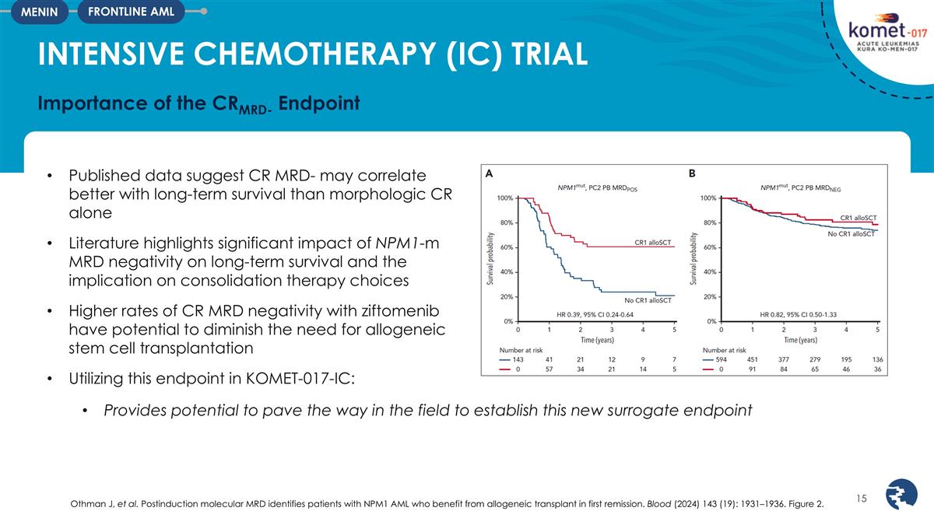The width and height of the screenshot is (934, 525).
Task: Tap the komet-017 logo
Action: (x=872, y=35)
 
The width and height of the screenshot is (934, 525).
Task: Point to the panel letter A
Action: (x=487, y=174)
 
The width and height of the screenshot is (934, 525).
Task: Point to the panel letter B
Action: (x=693, y=174)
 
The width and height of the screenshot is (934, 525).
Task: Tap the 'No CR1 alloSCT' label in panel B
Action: (x=851, y=234)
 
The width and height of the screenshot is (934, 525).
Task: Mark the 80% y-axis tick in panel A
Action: (x=506, y=222)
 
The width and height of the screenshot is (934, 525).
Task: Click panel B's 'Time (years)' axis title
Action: (x=801, y=340)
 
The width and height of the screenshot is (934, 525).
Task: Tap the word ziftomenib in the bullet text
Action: (x=389, y=314)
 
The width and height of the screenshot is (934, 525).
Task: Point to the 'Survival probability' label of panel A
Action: (x=489, y=260)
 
